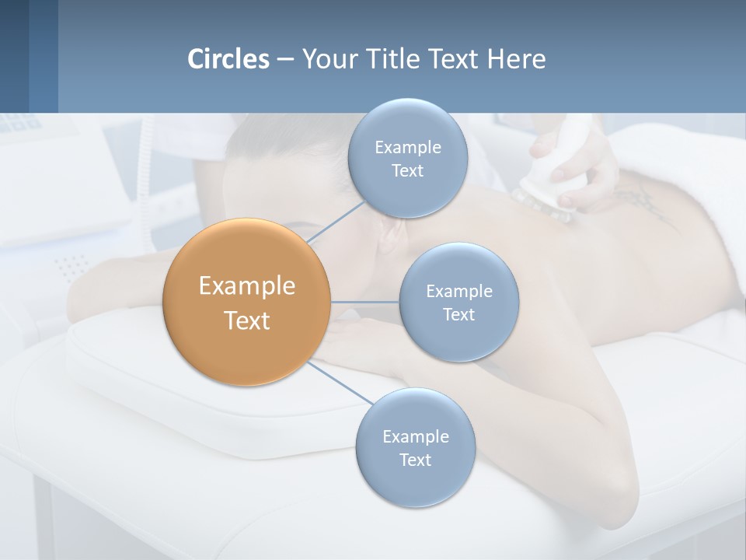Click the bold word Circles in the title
tap(228, 59)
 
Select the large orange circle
tap(246, 302)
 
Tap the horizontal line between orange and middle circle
tap(364, 302)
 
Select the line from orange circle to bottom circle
tap(340, 383)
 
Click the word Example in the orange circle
tap(246, 286)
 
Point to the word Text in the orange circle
tap(246, 320)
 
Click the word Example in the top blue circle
tap(407, 148)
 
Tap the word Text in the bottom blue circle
tap(415, 460)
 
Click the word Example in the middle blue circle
tap(458, 292)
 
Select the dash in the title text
tap(285, 60)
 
